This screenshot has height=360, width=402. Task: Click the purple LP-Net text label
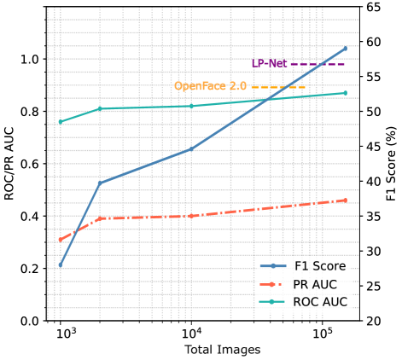click(269, 64)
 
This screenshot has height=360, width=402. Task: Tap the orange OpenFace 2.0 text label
click(210, 86)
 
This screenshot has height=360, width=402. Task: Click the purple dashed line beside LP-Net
click(318, 64)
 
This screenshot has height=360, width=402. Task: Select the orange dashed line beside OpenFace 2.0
click(277, 87)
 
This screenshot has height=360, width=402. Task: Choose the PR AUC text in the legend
click(315, 284)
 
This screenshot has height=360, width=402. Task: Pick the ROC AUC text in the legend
click(320, 302)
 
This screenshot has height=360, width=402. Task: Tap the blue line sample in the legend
click(273, 266)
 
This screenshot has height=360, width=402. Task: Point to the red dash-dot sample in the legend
click(273, 284)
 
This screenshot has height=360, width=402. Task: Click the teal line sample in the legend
click(273, 302)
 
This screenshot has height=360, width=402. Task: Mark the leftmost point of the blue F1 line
click(60, 267)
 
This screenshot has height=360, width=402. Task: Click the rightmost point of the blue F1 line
click(346, 48)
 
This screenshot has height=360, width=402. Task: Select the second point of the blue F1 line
click(100, 183)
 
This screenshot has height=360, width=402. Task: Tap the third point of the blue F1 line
click(190, 149)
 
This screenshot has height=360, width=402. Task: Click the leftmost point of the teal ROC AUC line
click(60, 122)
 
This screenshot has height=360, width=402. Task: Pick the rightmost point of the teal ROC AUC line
click(346, 92)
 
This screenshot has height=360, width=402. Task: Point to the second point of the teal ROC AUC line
click(100, 108)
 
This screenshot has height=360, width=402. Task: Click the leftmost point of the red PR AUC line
click(60, 241)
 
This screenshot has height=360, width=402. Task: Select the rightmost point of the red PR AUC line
click(346, 200)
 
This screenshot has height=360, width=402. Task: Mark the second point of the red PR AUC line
click(100, 218)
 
